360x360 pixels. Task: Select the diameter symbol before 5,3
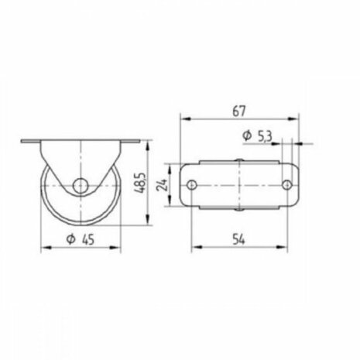pyautogui.click(x=247, y=136)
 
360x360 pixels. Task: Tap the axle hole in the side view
pyautogui.click(x=80, y=186)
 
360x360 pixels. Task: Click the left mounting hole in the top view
pyautogui.click(x=191, y=186)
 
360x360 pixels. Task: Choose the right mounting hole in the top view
pyautogui.click(x=286, y=186)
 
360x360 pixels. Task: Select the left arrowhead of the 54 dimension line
pyautogui.click(x=194, y=246)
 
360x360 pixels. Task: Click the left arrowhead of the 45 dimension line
pyautogui.click(x=43, y=249)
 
